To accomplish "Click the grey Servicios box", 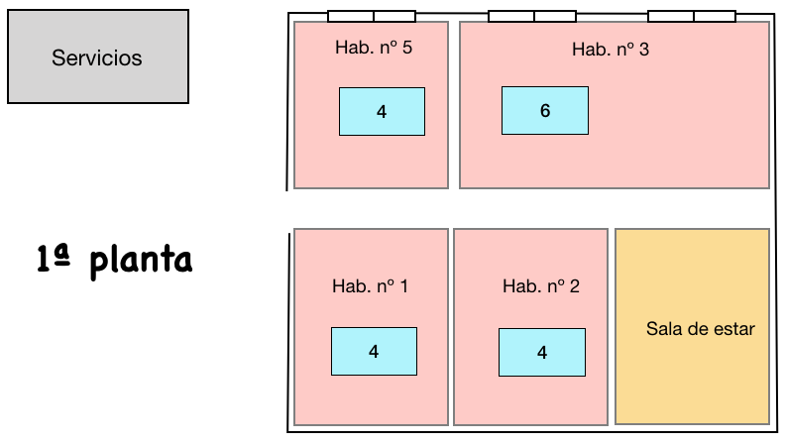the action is coord(98,56).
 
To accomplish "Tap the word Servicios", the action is coord(96,58).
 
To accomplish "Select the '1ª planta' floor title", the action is coord(115,260).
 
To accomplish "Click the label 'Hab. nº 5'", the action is coord(374,48).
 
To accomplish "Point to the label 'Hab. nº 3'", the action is coord(611,50).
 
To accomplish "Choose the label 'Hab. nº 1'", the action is coord(370,286).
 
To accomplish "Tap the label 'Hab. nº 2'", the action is coord(541,286).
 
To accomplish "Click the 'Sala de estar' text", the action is coord(701,329).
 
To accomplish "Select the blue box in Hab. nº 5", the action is coord(382,112).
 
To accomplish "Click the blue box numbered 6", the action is coord(545,111).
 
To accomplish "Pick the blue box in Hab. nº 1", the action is coord(374,352).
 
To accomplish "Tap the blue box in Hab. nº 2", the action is coord(542,353).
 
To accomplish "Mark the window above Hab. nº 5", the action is coord(372,16).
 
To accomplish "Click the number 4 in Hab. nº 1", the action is coord(374,352).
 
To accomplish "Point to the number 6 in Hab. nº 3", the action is coord(545,111).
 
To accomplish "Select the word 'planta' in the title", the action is coord(141,262).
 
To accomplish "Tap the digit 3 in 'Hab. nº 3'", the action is coord(644,50).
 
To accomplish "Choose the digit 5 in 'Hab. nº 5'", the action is coord(407,48).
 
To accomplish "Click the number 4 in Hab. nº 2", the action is coord(542,353).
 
